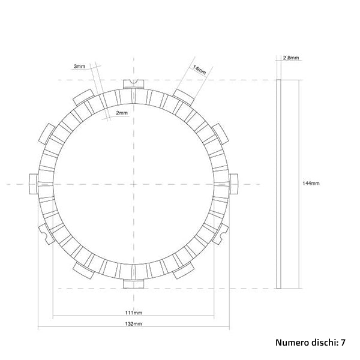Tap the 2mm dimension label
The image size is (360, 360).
pos(122,112)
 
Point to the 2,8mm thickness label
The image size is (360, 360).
pos(291,58)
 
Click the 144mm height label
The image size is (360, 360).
pos(311,184)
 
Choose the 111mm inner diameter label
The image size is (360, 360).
pos(133,313)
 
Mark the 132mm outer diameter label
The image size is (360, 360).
pos(133,323)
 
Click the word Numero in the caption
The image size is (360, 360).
pos(292,343)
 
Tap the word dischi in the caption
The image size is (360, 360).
pos(325,343)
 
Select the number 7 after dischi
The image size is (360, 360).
pos(343,343)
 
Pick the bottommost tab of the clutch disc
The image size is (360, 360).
pos(133,283)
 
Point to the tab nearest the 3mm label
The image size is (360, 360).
pos(82,94)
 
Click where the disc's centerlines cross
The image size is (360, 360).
pos(133,184)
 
